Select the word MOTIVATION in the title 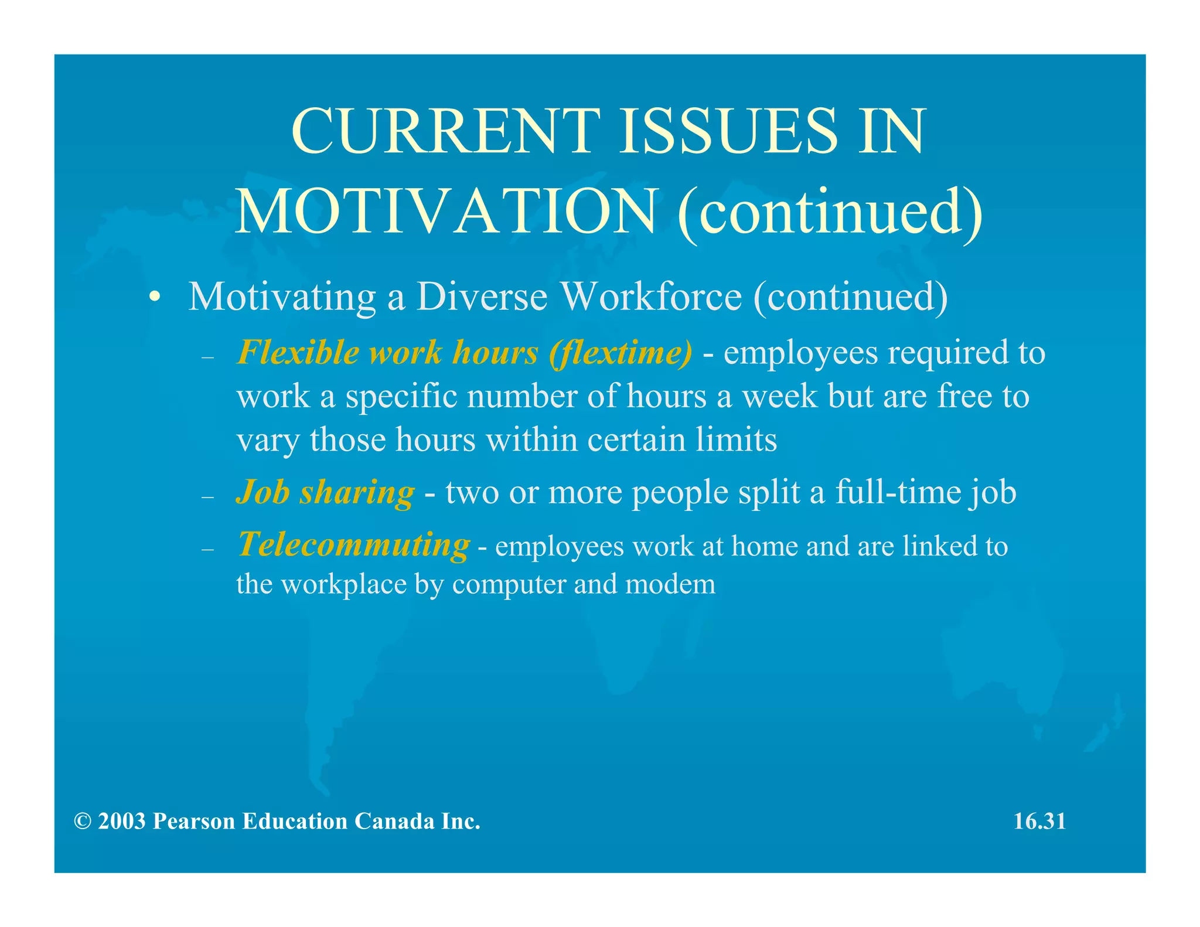[x=446, y=212]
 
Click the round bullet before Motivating [x=154, y=298]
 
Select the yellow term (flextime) [x=621, y=353]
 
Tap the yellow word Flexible [x=298, y=353]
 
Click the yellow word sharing [x=357, y=492]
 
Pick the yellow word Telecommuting [x=353, y=545]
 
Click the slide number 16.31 [x=1039, y=822]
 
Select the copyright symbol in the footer [x=82, y=822]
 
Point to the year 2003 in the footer [x=121, y=822]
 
